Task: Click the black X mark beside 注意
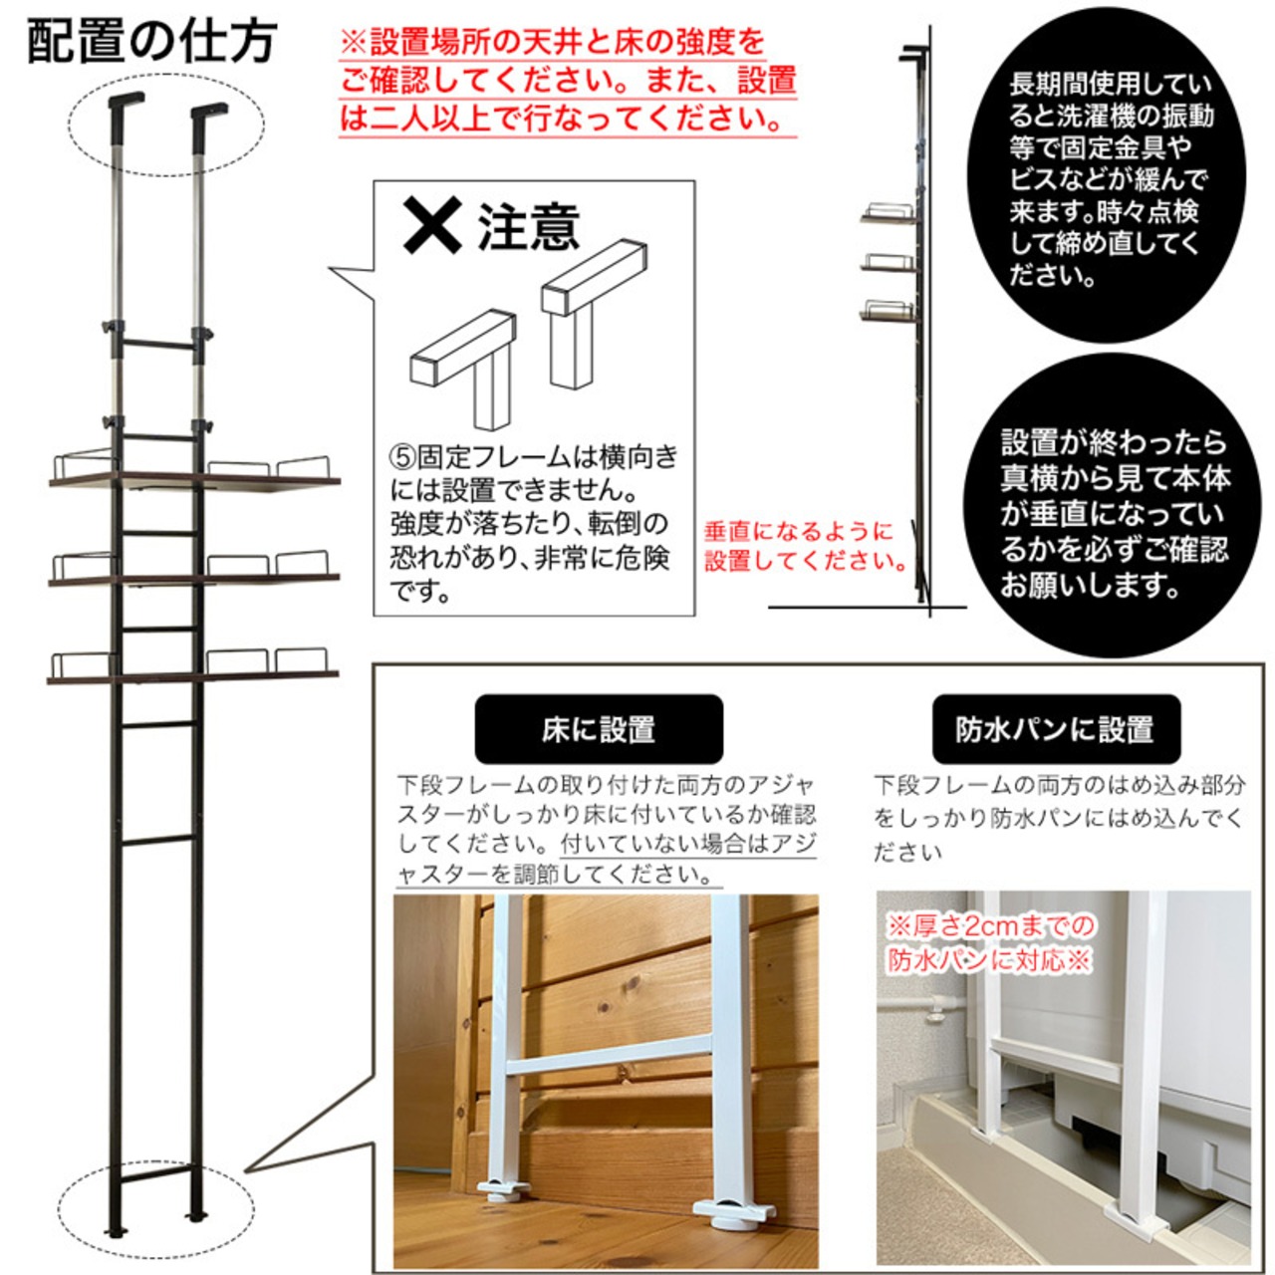432,226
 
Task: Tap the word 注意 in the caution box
529,227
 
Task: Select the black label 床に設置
598,729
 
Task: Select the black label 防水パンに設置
1055,729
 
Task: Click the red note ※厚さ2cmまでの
990,925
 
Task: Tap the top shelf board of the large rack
194,482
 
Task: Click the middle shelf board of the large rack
194,580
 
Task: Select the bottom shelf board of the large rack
193,677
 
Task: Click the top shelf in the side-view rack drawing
889,214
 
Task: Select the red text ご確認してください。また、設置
568,82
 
